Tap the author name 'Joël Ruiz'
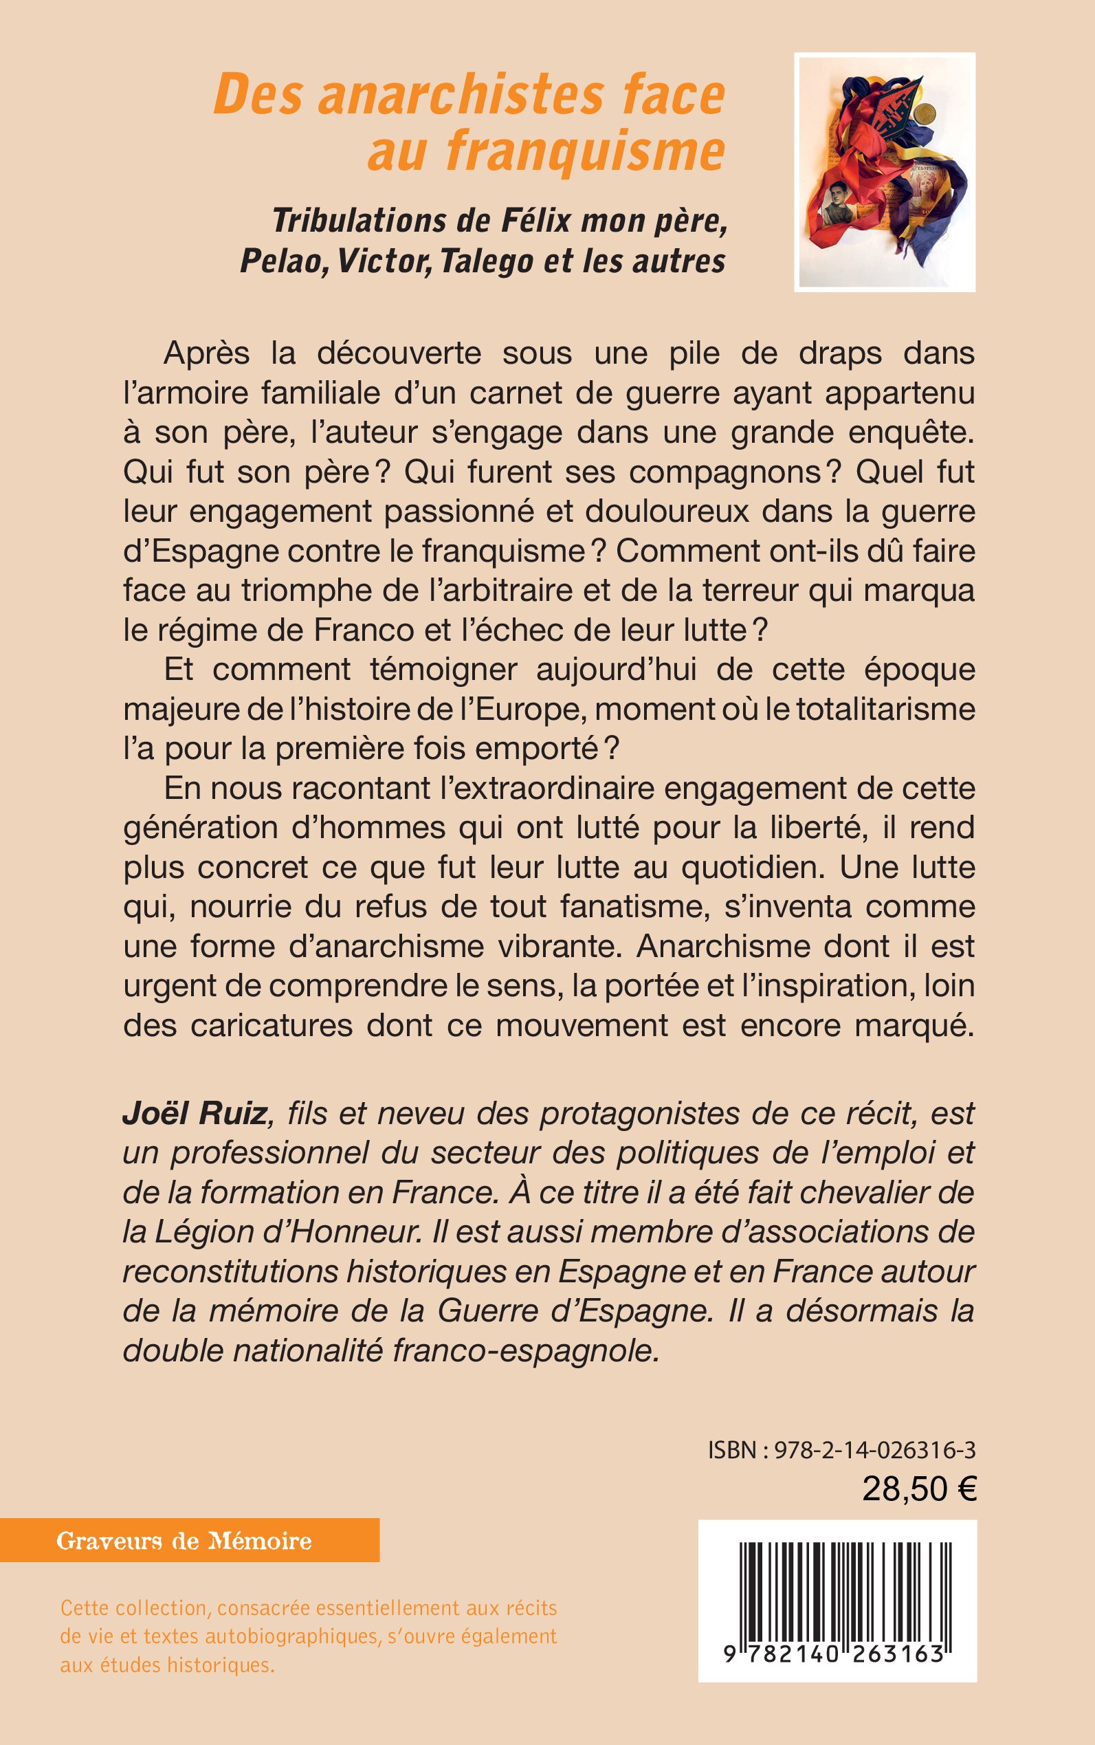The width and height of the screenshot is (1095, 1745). click(195, 1113)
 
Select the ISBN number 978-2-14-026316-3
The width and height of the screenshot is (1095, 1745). click(875, 1449)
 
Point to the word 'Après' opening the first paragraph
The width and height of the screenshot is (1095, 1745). click(206, 353)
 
